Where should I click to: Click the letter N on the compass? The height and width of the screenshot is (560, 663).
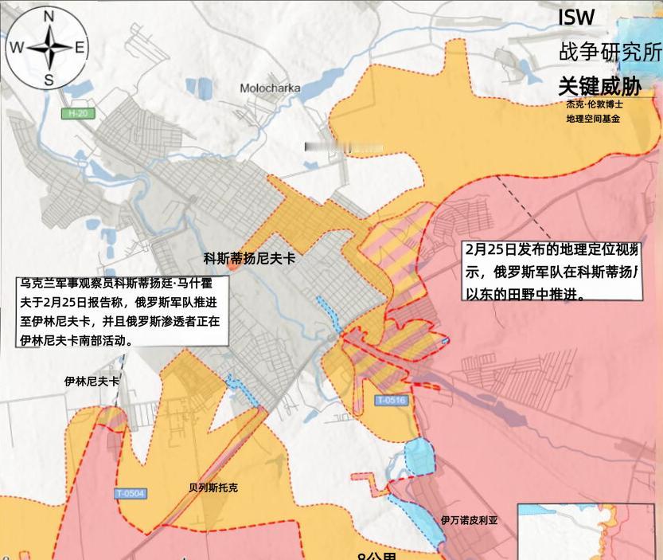tap(49, 17)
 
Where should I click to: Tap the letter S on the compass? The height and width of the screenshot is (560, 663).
tap(49, 79)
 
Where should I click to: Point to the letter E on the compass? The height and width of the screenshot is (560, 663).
tap(80, 47)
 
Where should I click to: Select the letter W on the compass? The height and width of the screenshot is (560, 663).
tap(17, 47)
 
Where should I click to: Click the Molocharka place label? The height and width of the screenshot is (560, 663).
tap(270, 88)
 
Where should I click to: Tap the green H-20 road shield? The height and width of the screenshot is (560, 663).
tap(76, 115)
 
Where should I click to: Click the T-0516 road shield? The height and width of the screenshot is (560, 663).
tap(391, 400)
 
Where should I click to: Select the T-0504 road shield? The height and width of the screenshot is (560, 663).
tap(130, 493)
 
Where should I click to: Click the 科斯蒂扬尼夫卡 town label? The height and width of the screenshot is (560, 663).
tap(249, 258)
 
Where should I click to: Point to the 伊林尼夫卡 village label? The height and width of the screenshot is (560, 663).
tap(92, 382)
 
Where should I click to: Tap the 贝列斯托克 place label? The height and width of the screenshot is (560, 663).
tap(213, 488)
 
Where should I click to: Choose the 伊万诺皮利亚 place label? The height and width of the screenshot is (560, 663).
tap(469, 519)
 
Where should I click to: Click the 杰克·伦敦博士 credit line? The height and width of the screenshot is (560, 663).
tap(595, 104)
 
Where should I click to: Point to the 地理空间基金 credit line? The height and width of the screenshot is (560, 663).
tap(593, 119)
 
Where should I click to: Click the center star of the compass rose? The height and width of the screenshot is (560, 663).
tap(49, 47)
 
